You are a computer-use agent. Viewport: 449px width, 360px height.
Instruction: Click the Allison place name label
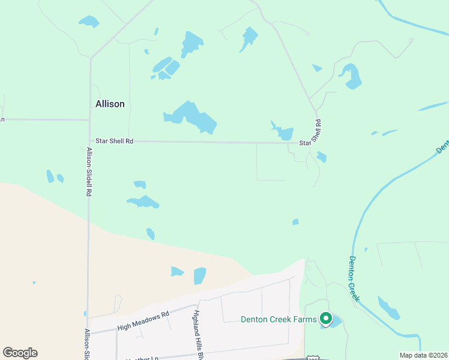110,104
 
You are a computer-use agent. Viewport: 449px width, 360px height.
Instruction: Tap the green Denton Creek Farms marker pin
325,318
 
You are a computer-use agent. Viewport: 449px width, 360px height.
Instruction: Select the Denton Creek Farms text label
278,319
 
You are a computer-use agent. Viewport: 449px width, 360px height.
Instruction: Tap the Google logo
20,353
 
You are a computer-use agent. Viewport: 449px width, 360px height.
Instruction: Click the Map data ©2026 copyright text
423,355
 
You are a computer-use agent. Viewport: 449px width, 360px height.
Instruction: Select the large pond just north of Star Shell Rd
192,117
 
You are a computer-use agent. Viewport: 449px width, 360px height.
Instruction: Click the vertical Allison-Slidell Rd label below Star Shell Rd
89,172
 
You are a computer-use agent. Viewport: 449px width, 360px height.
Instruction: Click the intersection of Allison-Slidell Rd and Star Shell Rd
89,141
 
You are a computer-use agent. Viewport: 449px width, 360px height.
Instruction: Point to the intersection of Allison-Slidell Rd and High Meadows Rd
89,332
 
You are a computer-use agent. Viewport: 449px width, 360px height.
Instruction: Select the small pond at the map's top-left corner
88,22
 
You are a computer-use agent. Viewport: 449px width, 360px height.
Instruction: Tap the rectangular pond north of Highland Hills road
200,276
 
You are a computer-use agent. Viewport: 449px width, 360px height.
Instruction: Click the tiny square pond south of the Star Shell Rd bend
295,222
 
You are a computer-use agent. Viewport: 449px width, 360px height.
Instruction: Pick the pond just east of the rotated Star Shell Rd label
322,157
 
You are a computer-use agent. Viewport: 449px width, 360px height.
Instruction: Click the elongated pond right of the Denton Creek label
388,308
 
